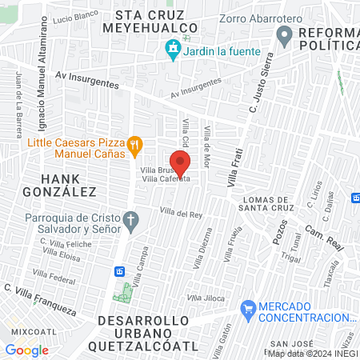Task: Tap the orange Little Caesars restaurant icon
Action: (135, 146)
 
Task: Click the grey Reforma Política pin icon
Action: (284, 35)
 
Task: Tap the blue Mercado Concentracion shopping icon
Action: (248, 307)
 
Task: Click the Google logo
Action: (26, 350)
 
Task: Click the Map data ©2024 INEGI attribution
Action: (310, 354)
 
